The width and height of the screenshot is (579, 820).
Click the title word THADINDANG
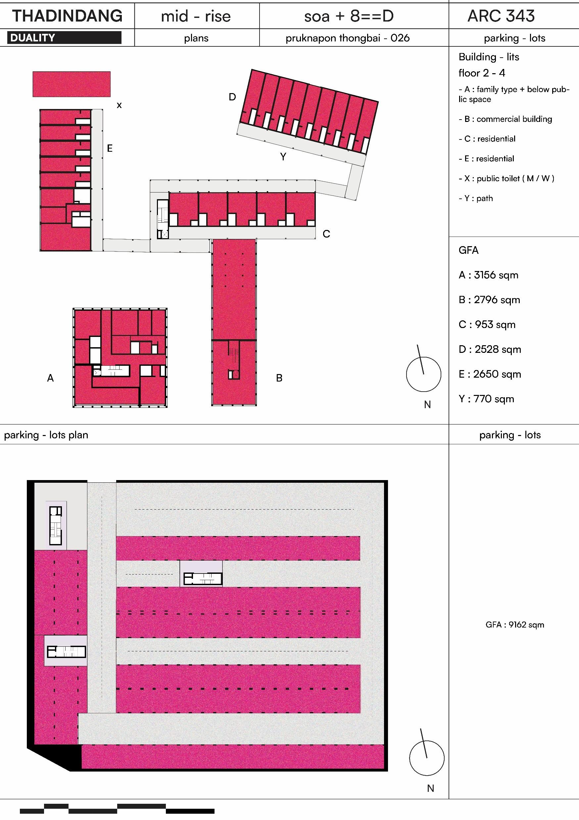(67, 16)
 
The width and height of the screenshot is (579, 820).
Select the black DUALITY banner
(64, 38)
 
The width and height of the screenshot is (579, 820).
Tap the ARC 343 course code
(501, 16)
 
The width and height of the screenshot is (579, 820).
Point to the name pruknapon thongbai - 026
(348, 38)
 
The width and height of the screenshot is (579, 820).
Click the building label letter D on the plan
(232, 97)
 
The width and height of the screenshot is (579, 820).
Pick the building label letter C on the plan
(326, 234)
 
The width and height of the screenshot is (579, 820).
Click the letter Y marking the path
(283, 157)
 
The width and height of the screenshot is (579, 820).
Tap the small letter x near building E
(119, 105)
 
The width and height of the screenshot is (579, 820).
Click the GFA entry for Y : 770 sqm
(486, 399)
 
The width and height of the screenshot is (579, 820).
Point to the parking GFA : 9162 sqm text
(514, 625)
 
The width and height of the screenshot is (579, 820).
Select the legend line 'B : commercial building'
(505, 119)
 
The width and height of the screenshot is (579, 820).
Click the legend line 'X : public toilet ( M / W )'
(506, 179)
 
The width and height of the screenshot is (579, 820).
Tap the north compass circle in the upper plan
(423, 374)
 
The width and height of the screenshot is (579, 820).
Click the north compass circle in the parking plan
(427, 758)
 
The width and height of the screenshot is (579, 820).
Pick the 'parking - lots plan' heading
(46, 435)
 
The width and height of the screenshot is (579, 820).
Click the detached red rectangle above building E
(72, 84)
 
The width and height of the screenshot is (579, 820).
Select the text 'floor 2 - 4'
(482, 73)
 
